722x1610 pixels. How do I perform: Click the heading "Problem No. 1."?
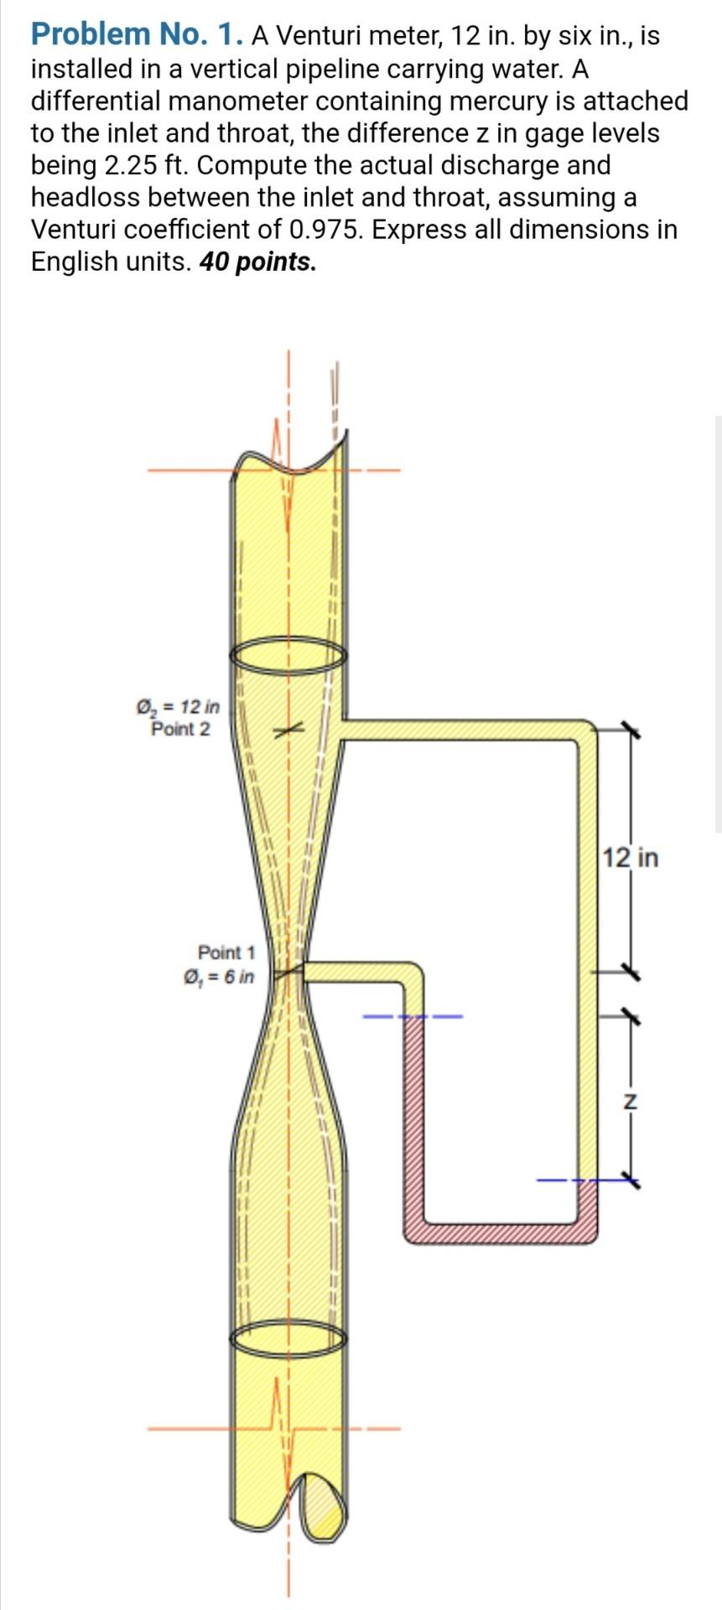(138, 35)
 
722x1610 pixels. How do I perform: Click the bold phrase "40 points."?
(258, 262)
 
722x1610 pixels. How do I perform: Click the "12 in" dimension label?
(631, 858)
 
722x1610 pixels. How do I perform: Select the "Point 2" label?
(180, 729)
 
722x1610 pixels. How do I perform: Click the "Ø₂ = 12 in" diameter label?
(179, 707)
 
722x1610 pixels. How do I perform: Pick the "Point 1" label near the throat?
(226, 953)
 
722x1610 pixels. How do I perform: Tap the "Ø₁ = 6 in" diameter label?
(219, 976)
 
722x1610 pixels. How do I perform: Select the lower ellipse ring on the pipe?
(288, 1339)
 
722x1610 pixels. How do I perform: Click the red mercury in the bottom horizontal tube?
(500, 1232)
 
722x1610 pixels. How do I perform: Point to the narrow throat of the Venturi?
(288, 972)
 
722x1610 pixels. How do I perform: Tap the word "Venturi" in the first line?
(318, 36)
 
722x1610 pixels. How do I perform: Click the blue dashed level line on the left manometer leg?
(412, 1018)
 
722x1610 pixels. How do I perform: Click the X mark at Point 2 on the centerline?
(287, 732)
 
